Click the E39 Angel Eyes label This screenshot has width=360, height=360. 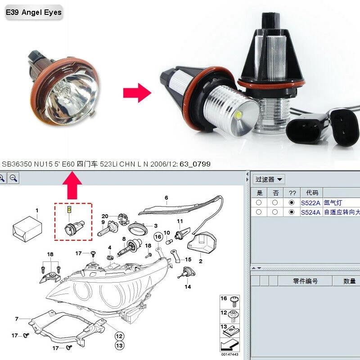(x=33, y=13)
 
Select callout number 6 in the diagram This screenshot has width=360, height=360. (x=166, y=198)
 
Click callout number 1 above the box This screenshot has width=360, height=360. (x=37, y=210)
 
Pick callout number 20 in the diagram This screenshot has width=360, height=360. (x=105, y=216)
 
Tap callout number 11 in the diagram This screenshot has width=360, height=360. (x=180, y=221)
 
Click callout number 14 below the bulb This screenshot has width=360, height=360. (x=188, y=287)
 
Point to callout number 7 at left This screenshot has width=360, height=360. (x=17, y=319)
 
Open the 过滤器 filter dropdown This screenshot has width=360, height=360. (x=269, y=180)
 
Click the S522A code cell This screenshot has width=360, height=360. (x=310, y=203)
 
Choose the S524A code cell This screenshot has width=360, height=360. (x=310, y=212)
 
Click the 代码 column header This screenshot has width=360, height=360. (x=312, y=193)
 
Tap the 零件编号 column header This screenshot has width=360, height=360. (x=305, y=281)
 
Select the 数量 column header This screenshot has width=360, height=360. (x=350, y=281)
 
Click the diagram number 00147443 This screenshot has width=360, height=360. (x=229, y=355)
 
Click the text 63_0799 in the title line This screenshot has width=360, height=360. (x=195, y=164)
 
